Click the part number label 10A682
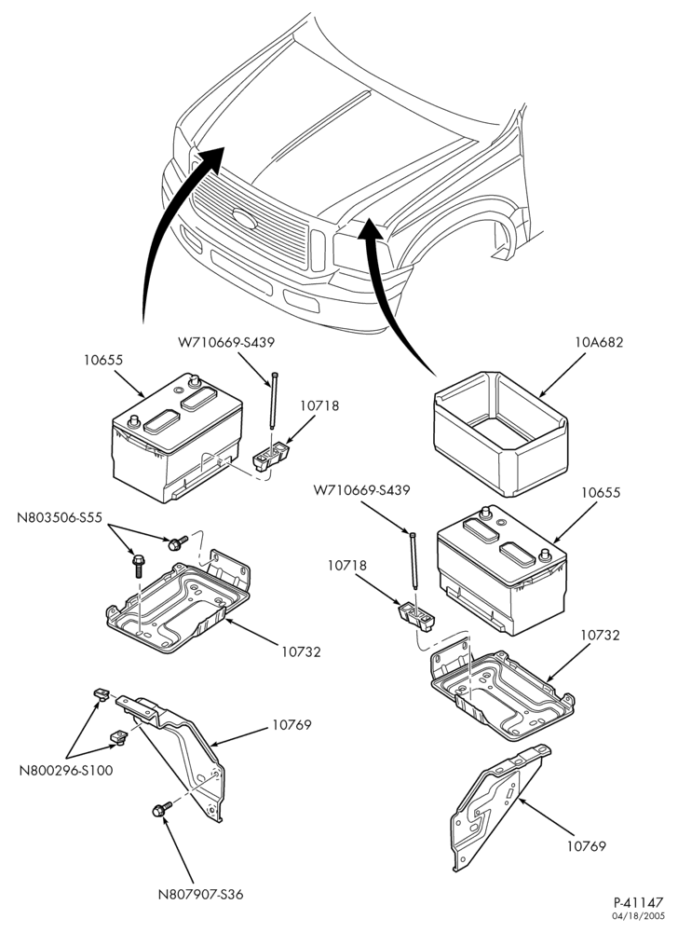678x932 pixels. (x=599, y=342)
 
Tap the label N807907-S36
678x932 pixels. (x=200, y=894)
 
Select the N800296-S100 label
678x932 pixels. (x=66, y=771)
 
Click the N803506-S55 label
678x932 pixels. (x=60, y=517)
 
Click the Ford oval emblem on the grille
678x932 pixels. (x=245, y=219)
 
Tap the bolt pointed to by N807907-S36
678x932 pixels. (x=161, y=809)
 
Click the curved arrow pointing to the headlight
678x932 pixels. (x=386, y=297)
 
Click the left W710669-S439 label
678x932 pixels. (x=226, y=342)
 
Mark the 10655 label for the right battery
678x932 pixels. (x=601, y=492)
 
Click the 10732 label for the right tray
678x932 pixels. (x=600, y=635)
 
